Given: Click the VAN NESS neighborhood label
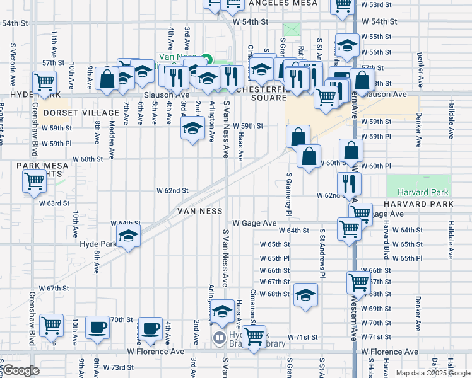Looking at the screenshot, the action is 200,210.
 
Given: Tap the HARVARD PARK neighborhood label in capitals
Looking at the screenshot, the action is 418,205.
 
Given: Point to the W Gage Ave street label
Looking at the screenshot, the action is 254,223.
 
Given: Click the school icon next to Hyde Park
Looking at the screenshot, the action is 129,237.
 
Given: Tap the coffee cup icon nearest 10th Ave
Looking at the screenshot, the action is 97,328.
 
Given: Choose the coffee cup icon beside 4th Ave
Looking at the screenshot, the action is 150,328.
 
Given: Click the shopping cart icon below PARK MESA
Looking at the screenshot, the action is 34,181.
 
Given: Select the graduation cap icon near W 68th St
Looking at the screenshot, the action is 305,295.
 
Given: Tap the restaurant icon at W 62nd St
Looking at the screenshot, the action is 348,183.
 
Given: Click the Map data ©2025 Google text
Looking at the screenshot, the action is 433,373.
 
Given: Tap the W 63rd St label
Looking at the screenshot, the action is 54,203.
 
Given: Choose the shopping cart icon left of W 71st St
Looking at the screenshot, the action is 254,337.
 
